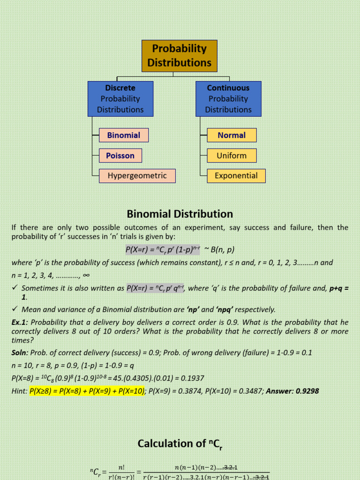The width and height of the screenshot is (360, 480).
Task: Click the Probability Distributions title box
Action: point(180,56)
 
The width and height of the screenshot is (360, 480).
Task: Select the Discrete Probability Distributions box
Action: point(120,98)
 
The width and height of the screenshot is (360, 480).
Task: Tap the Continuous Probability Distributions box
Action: point(228,98)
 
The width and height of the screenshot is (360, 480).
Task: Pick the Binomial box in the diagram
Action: point(124,135)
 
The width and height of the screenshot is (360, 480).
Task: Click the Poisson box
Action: point(120,156)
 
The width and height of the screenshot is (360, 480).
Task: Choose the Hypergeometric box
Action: point(137,176)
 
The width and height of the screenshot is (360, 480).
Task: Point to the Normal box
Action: point(232,135)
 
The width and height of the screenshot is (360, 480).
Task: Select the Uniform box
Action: point(232,156)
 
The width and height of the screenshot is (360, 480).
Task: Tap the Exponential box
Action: point(236,176)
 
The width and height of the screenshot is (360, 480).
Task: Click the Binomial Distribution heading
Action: point(180,214)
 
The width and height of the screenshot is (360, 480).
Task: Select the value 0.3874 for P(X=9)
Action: point(190,390)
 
